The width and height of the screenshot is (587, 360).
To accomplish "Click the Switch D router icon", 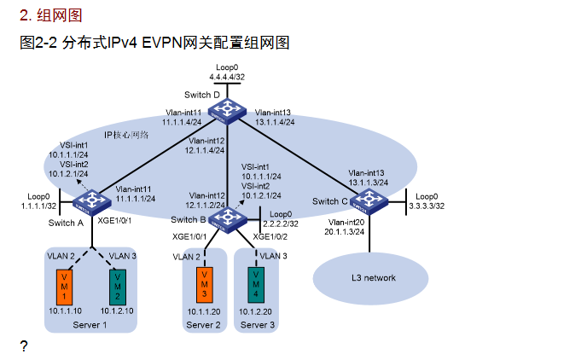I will click(x=228, y=110).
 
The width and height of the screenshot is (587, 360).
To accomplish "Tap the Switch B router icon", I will click(x=228, y=219).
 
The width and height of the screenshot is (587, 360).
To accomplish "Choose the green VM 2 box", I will click(x=119, y=285).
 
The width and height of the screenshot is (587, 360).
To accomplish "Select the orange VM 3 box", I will click(x=203, y=282).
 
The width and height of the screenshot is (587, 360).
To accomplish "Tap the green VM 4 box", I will click(x=256, y=282).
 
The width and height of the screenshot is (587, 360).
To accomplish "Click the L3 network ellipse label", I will click(x=373, y=277).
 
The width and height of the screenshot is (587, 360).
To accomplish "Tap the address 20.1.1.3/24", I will click(x=345, y=231).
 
